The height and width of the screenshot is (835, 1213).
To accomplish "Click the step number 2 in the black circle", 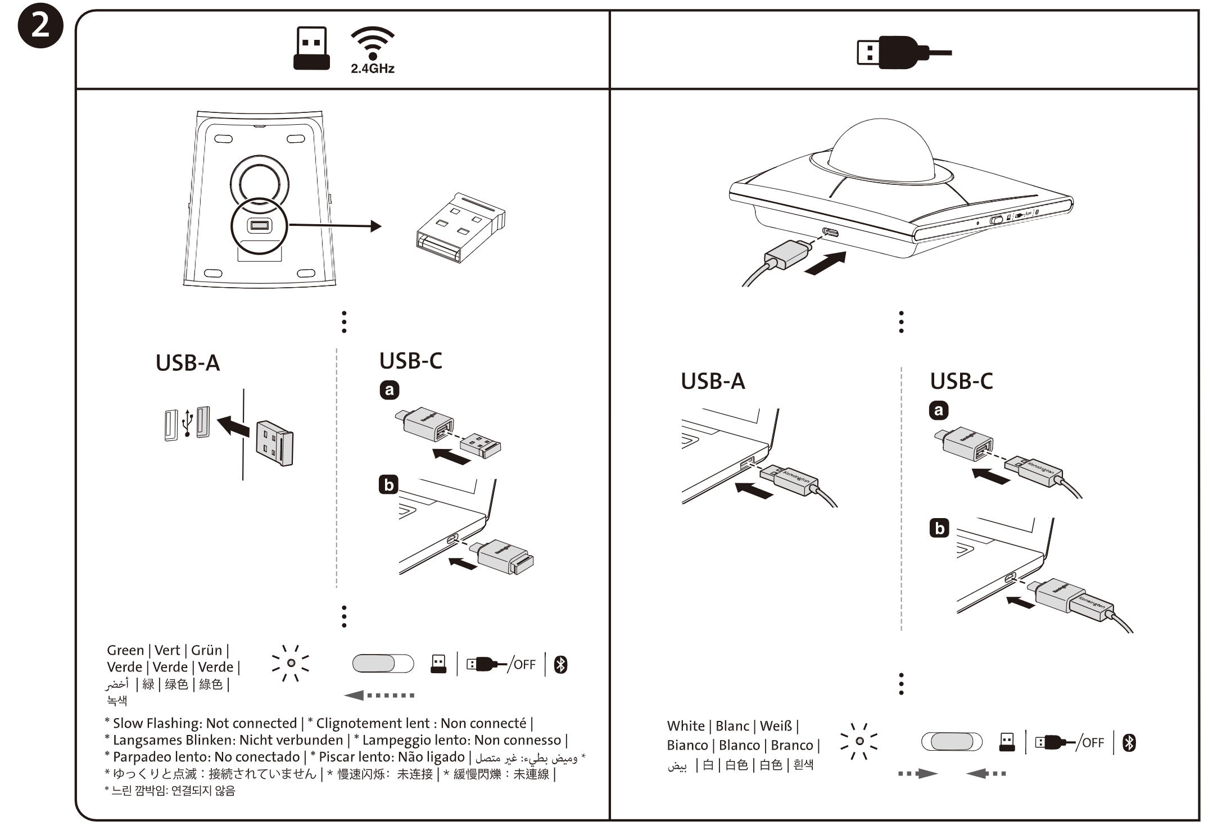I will coord(40,26).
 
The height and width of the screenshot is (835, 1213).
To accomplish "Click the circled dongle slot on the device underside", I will coord(259,226).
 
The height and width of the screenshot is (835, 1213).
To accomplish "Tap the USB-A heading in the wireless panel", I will coord(187,363).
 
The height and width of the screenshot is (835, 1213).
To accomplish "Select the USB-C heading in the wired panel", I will coord(961,381).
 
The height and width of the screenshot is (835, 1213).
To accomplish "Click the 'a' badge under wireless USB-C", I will coord(389,390).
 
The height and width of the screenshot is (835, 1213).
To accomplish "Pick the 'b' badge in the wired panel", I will coord(939,528).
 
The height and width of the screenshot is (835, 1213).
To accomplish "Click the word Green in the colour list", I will coord(125,650).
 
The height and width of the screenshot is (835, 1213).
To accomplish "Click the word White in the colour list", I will coord(686,725).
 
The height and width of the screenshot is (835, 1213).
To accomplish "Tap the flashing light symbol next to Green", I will coord(291,663).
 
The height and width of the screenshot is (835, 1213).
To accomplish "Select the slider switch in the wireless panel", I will coord(383,664).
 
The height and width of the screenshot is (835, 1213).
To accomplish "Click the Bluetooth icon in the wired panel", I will coord(1129,743).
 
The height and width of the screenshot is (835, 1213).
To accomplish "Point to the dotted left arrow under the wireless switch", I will coord(379,695).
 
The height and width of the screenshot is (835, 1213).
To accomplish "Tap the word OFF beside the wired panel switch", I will coord(1093,743).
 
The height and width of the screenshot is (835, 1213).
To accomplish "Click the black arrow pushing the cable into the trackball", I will coord(825,263).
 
